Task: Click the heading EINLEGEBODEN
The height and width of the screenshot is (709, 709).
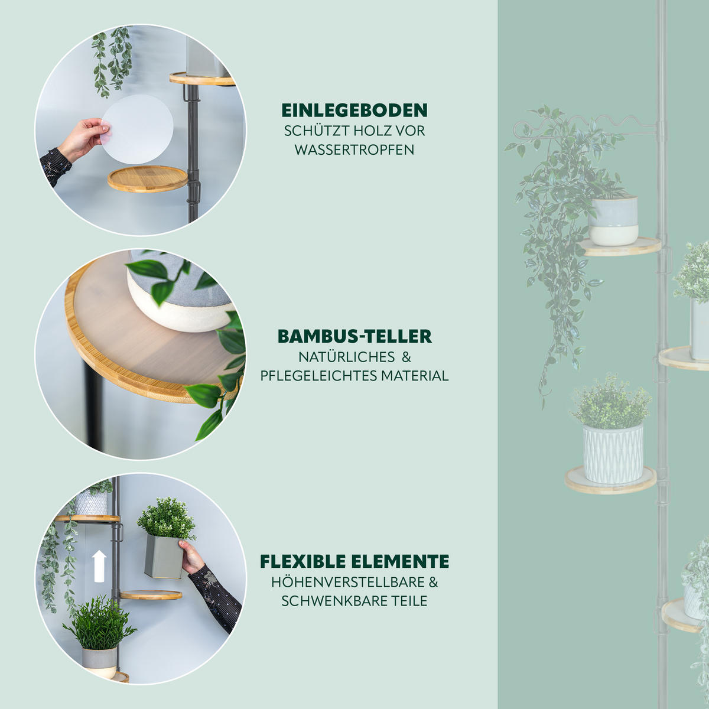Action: coord(354,110)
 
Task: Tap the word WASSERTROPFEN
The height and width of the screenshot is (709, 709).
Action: coord(354,149)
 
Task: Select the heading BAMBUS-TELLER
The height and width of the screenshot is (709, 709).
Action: coord(354,336)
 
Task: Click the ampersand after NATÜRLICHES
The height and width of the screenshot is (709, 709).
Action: coord(406,357)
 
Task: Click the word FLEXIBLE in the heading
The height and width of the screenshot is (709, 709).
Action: coord(303,561)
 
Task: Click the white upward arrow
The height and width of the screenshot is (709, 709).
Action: coord(99,567)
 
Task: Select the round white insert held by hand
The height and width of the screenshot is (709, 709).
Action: coord(137,129)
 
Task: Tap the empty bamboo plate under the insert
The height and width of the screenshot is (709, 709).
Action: coord(148,179)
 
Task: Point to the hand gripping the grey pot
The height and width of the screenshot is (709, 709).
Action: coord(191,556)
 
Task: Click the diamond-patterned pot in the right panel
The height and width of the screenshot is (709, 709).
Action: coord(613,453)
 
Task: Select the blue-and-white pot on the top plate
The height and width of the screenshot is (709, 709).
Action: coord(613,221)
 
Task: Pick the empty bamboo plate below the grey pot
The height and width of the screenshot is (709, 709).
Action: coord(151,595)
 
